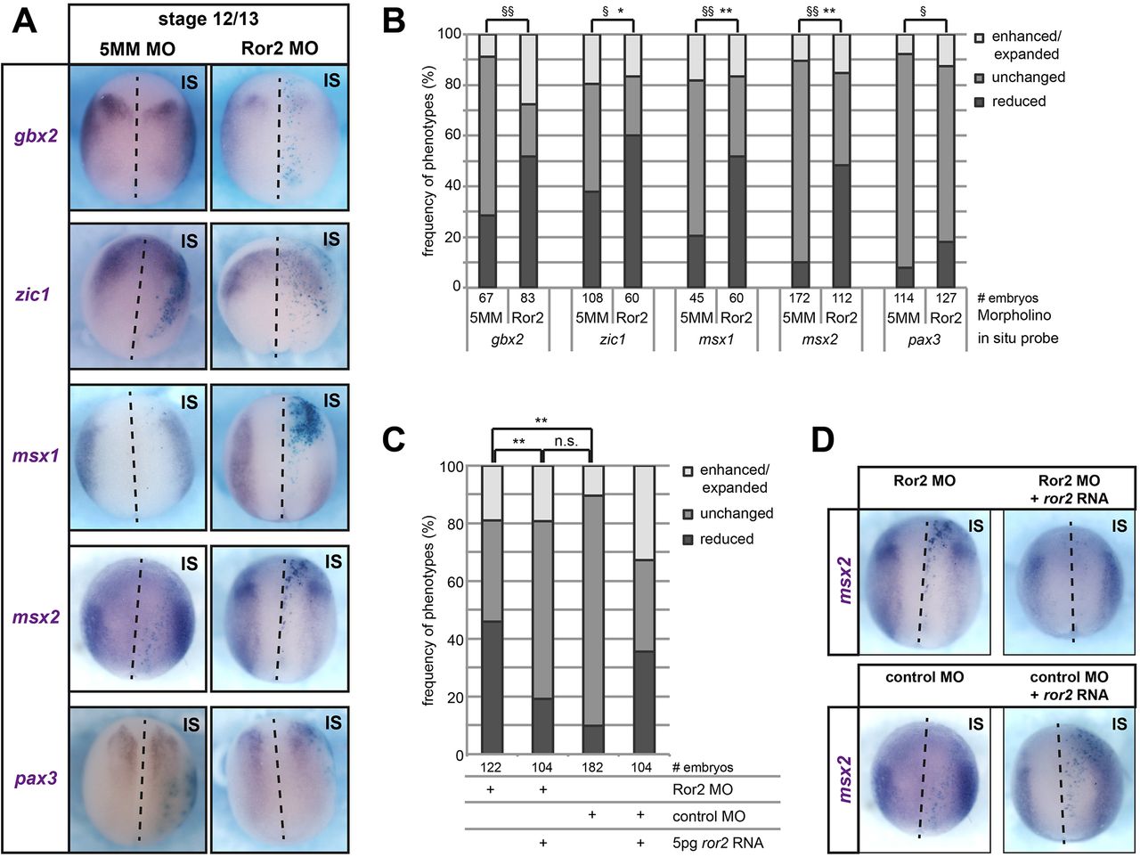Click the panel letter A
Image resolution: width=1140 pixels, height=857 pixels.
tap(25, 20)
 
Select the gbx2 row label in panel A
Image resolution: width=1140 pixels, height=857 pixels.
tap(36, 136)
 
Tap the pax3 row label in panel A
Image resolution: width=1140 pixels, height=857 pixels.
tap(37, 778)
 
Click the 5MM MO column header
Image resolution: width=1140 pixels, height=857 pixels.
tap(137, 48)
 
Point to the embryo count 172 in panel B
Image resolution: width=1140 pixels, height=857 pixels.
tap(800, 298)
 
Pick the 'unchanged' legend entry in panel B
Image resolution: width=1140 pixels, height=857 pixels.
tap(1028, 78)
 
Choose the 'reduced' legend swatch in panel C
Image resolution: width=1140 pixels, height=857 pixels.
tap(688, 539)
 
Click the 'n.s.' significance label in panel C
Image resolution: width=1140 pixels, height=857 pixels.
tap(566, 441)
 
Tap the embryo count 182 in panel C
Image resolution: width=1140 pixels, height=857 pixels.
tap(591, 767)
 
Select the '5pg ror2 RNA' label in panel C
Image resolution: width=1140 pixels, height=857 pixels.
tap(719, 843)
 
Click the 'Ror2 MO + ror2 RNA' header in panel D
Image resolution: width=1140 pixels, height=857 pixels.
tap(1069, 489)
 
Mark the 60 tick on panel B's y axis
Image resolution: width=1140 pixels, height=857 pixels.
tap(453, 135)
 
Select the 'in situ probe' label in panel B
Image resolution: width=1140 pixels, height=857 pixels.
tap(1018, 339)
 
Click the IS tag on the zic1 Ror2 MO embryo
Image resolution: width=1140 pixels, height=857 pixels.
tap(331, 240)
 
